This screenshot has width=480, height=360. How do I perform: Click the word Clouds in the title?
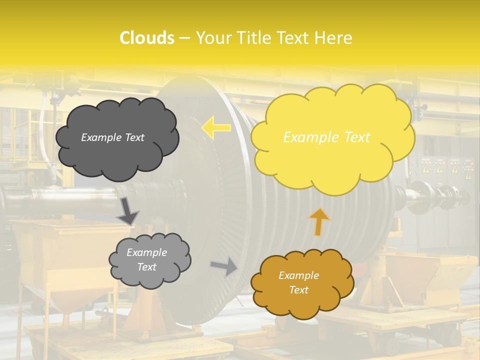pyautogui.click(x=146, y=38)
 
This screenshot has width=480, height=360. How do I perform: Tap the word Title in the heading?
pyautogui.click(x=253, y=38)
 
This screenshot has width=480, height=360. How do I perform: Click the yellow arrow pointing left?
pyautogui.click(x=216, y=127)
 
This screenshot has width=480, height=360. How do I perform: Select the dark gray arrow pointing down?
pyautogui.click(x=128, y=211)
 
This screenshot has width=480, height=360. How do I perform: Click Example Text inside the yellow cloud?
pyautogui.click(x=326, y=137)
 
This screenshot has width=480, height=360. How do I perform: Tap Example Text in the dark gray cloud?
pyautogui.click(x=112, y=137)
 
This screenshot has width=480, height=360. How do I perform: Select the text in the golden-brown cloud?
pyautogui.click(x=298, y=282)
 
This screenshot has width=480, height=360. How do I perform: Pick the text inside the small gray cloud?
pyautogui.click(x=146, y=259)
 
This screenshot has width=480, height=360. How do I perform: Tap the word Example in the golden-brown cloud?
pyautogui.click(x=298, y=275)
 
